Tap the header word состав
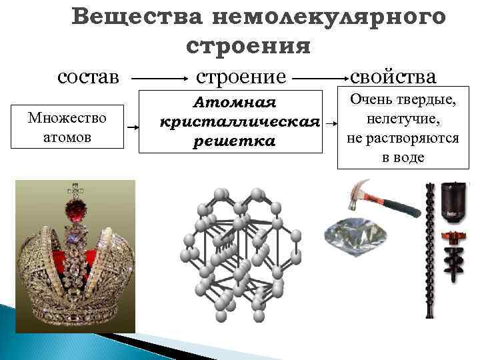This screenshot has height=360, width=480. coord(89,76)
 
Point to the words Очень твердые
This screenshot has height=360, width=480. coord(398,103)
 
